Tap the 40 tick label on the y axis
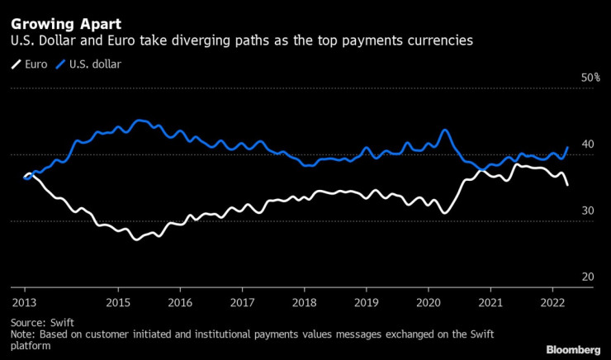[x=588, y=144]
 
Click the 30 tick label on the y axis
[x=588, y=211]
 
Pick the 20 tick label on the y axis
[x=588, y=278]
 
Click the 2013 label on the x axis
[x=23, y=303]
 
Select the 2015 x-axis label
[x=117, y=303]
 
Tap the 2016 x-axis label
[x=179, y=303]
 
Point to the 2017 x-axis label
[x=241, y=303]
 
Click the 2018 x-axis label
[x=304, y=303]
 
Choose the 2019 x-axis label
[x=366, y=303]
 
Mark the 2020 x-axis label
[x=428, y=303]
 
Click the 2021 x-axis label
[x=490, y=303]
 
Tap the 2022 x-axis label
[x=552, y=303]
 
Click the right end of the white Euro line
[x=567, y=185]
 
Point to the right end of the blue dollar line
[x=567, y=148]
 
